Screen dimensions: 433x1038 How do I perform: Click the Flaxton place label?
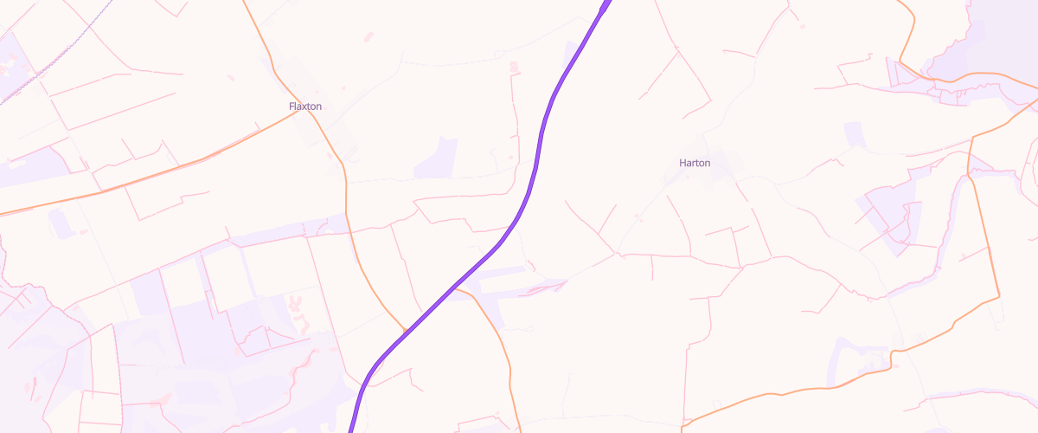(x=305, y=107)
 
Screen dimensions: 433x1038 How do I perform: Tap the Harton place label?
(x=695, y=163)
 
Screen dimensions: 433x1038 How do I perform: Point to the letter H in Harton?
(x=682, y=163)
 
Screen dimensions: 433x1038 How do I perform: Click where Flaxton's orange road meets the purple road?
(x=406, y=331)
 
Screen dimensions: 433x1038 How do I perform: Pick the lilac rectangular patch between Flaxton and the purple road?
(x=436, y=158)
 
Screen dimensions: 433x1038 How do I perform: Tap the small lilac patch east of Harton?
(x=855, y=134)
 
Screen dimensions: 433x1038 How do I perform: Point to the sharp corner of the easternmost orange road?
(x=1000, y=297)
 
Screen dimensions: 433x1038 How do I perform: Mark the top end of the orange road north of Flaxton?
(x=243, y=2)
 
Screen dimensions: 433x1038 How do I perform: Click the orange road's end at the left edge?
(x=2, y=213)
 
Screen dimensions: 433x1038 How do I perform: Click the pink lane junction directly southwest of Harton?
(x=617, y=255)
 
